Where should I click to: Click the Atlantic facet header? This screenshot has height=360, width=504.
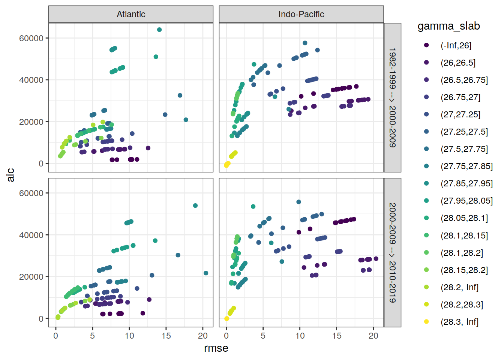[x=131, y=14]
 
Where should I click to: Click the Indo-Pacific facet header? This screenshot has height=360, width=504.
[x=301, y=14]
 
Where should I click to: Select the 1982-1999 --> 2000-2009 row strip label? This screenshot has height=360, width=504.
[x=392, y=97]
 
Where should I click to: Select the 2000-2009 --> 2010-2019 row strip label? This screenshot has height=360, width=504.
[x=392, y=252]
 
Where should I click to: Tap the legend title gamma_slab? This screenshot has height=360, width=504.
[x=448, y=26]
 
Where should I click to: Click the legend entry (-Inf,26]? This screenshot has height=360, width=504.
[x=456, y=45]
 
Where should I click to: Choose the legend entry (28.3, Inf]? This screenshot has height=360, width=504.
[x=459, y=322]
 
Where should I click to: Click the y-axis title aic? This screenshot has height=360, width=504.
[x=10, y=175]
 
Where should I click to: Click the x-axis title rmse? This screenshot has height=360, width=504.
[x=216, y=348]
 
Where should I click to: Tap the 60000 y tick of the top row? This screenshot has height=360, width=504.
[x=31, y=38]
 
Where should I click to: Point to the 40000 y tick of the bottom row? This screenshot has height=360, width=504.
[x=31, y=235]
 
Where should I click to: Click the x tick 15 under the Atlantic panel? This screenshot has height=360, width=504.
[x=166, y=336]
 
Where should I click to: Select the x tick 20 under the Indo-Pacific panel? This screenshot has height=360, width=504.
[x=373, y=336]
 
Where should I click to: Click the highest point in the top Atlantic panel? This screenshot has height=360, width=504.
[x=159, y=30]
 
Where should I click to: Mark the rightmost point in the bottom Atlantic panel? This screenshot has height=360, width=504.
[x=206, y=273]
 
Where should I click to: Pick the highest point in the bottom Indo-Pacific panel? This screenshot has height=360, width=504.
[x=299, y=202]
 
